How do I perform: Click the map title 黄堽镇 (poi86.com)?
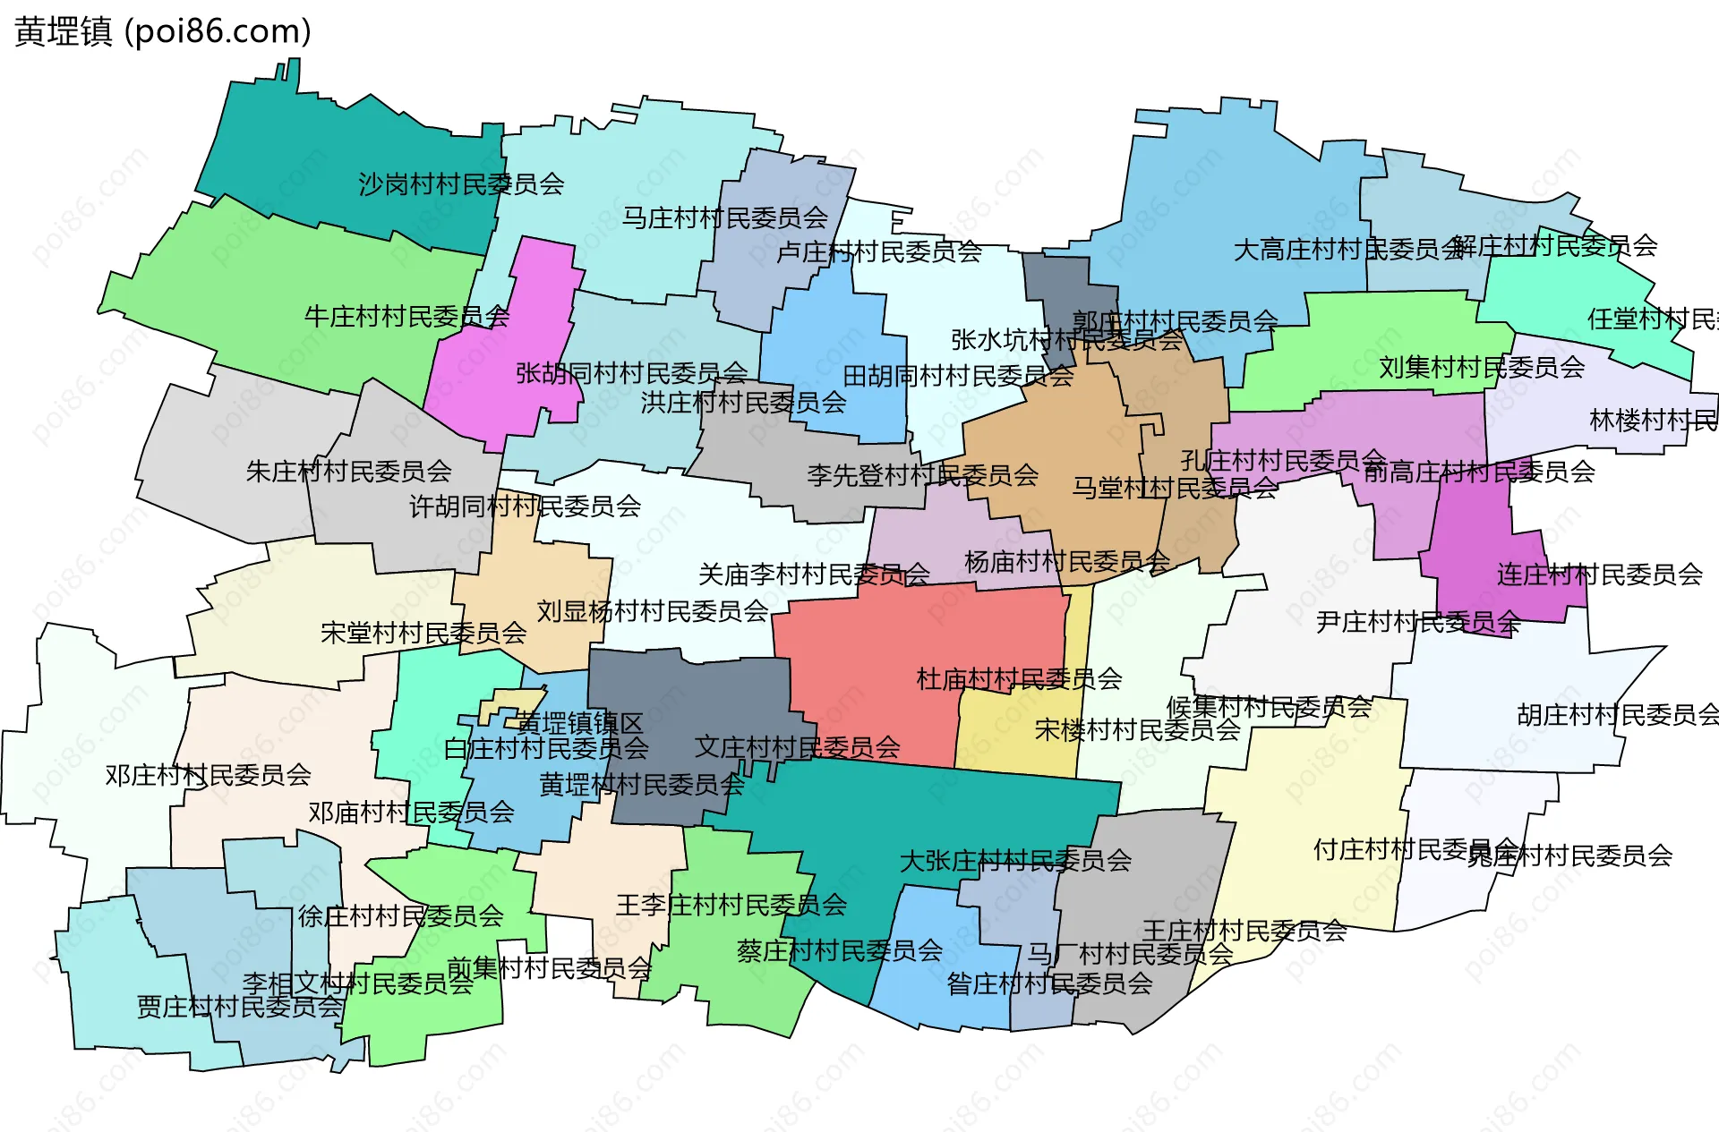click(x=163, y=31)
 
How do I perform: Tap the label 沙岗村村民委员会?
click(x=461, y=184)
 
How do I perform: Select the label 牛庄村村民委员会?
click(x=407, y=316)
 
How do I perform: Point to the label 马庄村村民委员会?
click(x=725, y=217)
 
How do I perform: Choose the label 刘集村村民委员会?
click(x=1482, y=367)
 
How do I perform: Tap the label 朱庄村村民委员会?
click(x=349, y=471)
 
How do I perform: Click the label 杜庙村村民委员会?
click(x=1019, y=678)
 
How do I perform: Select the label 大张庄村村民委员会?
click(x=1015, y=860)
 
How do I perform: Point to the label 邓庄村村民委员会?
click(x=208, y=774)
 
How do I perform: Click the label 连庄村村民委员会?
click(x=1599, y=574)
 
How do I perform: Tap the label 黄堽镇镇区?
click(x=580, y=722)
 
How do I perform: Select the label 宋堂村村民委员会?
click(x=423, y=633)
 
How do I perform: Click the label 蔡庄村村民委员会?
click(x=840, y=949)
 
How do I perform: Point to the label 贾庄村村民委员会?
click(x=239, y=1006)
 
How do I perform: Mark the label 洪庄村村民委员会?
click(x=743, y=402)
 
